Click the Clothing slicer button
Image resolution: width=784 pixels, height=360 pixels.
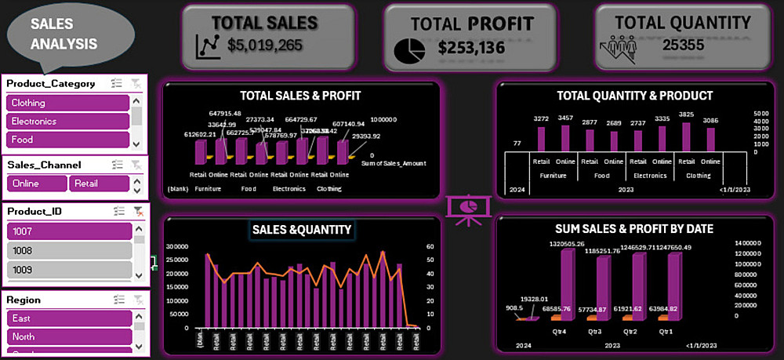(x=67, y=103)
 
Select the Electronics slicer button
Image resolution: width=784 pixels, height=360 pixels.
(x=67, y=122)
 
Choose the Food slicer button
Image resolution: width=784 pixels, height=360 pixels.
(x=67, y=140)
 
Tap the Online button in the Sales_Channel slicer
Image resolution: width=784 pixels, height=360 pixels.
(x=37, y=183)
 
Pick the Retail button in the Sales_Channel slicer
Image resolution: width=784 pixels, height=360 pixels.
(x=99, y=183)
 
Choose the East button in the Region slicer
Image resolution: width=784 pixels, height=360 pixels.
(x=67, y=318)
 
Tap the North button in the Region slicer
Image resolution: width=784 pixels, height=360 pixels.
(x=67, y=336)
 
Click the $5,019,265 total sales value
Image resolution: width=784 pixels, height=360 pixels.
(x=265, y=45)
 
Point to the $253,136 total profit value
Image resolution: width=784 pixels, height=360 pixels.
(x=471, y=48)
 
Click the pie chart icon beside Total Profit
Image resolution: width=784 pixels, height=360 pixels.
(x=409, y=49)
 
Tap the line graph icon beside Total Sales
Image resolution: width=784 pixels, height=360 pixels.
(x=208, y=47)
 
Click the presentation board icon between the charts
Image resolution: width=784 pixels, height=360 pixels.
(x=469, y=209)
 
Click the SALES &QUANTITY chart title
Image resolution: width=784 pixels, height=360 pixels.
(x=301, y=229)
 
